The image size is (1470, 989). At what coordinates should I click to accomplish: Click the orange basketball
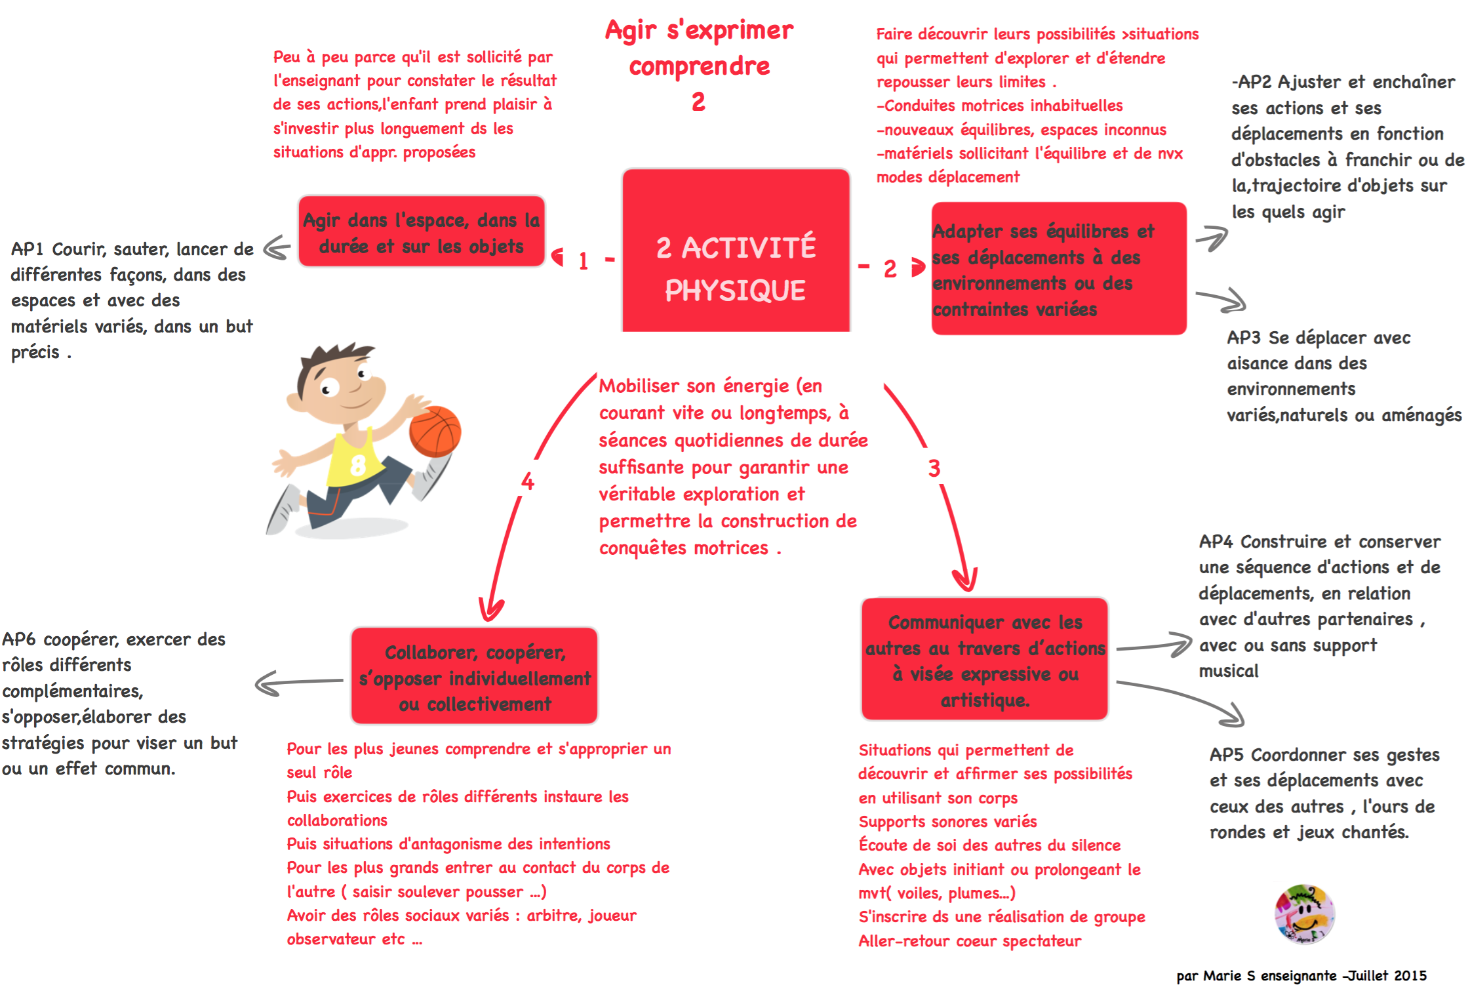point(435,432)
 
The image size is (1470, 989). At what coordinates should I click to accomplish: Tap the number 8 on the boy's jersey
point(358,465)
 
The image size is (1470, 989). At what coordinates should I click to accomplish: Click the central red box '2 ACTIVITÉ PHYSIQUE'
point(736,251)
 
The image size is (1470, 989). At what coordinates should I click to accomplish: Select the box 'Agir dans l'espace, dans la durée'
point(422,232)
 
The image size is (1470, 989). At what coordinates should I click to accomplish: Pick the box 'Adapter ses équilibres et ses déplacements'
point(1059,268)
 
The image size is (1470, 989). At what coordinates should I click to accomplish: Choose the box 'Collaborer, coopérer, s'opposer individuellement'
point(475,676)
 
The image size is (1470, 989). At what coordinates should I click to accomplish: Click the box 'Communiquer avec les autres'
point(985,659)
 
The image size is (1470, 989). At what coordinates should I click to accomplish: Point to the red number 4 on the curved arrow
point(528,481)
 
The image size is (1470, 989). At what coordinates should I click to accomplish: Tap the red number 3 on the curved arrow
point(934,468)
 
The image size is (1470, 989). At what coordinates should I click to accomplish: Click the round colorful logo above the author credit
point(1304,914)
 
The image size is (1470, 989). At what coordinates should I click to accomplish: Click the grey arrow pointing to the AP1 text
point(277,248)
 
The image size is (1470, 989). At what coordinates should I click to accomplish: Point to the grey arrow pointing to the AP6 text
point(299,682)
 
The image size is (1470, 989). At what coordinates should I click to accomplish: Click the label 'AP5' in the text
point(1226,755)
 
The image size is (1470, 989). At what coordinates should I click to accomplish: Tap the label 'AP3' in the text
point(1244,338)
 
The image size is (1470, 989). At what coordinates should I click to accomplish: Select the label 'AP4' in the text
point(1216,542)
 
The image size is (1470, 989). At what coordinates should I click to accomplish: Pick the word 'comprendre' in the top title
point(700,66)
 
